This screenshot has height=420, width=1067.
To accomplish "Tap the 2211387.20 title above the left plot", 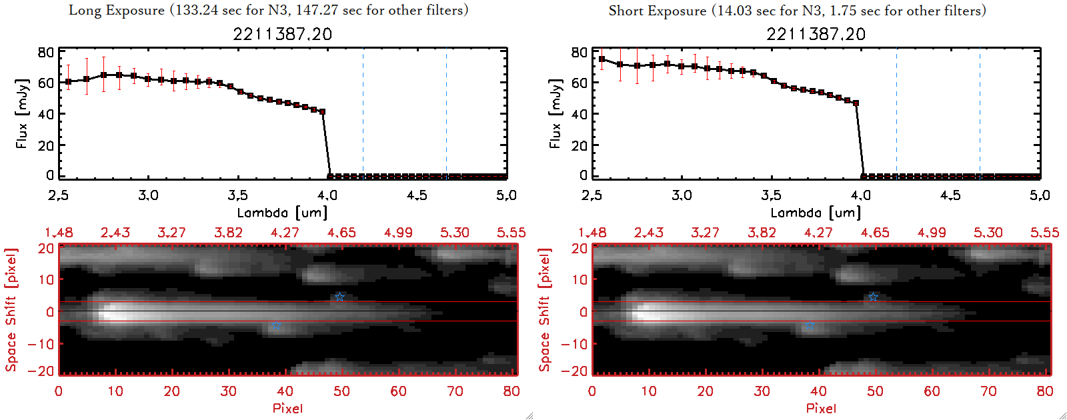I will tap(282, 34).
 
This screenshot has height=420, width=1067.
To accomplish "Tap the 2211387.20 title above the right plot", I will tap(816, 34).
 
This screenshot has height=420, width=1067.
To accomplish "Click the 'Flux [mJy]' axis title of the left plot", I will tap(22, 113).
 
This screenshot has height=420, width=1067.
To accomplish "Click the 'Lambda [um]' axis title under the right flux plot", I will tap(816, 213).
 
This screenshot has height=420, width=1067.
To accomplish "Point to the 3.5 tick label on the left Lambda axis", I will tap(237, 195).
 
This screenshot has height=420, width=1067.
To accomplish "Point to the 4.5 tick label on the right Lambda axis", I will tap(950, 195).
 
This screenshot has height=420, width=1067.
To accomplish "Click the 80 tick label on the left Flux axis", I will tap(45, 52).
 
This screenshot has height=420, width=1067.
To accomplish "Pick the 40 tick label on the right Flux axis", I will tap(579, 114).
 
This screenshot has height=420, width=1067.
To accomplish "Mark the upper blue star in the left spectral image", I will tap(339, 297).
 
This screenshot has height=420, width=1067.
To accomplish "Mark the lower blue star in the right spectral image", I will tap(810, 325).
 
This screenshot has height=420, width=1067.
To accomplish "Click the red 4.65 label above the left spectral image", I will tap(341, 233).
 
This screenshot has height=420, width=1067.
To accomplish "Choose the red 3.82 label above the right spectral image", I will tap(762, 233).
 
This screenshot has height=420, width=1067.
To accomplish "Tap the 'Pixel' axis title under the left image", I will tap(287, 408).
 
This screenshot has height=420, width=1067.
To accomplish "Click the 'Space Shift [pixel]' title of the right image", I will tap(545, 310).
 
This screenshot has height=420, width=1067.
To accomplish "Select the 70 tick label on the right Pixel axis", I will tap(988, 391).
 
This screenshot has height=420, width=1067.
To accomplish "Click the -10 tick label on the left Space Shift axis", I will tap(41, 343).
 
